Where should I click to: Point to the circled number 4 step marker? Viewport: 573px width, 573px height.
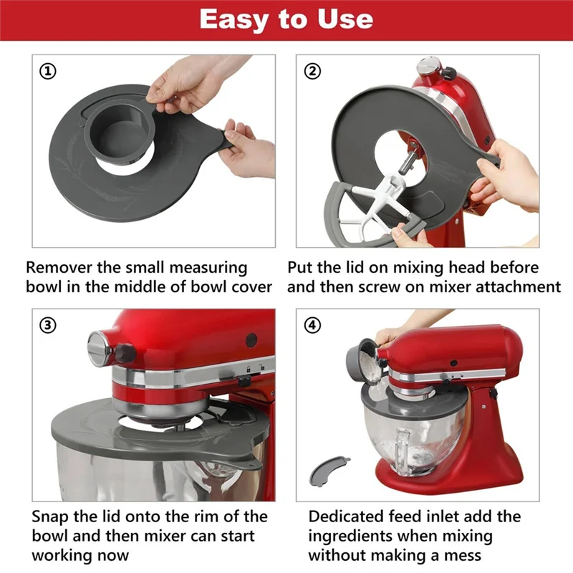(313, 324)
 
